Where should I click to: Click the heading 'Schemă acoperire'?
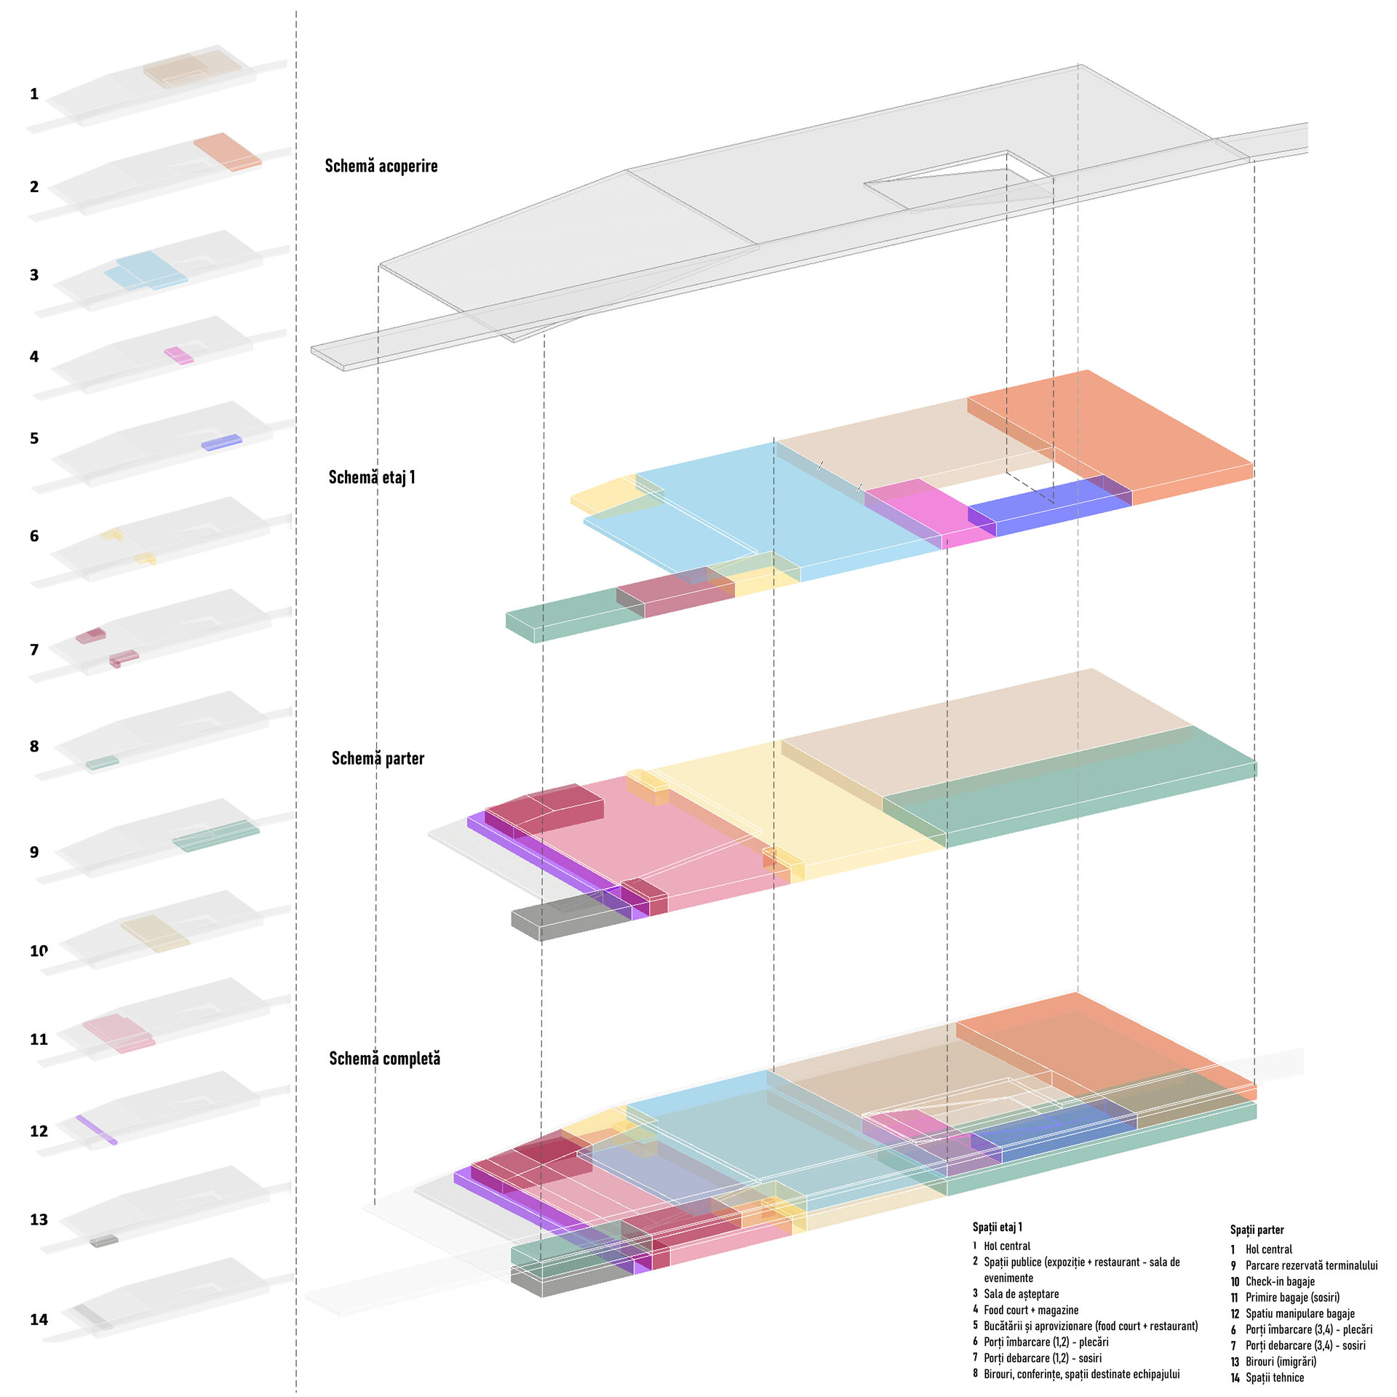point(381,166)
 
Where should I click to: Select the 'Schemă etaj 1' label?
point(372,477)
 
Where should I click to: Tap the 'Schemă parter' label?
point(378,758)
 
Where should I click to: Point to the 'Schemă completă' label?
point(384,1059)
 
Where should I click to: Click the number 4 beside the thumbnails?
point(34,357)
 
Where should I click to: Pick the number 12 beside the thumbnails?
point(39,1131)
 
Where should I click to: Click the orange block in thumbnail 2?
point(227,151)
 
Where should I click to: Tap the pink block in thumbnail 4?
point(178,355)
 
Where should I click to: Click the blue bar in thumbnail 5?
point(221,442)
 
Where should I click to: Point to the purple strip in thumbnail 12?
point(96,1129)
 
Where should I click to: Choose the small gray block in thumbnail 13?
point(104,1241)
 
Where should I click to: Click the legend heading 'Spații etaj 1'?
point(997,1227)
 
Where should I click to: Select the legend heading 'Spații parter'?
point(1257,1230)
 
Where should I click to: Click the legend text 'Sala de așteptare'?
point(1021,1294)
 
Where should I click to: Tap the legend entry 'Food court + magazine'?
point(1031,1310)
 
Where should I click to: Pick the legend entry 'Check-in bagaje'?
point(1280,1281)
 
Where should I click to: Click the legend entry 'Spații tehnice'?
point(1275,1377)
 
